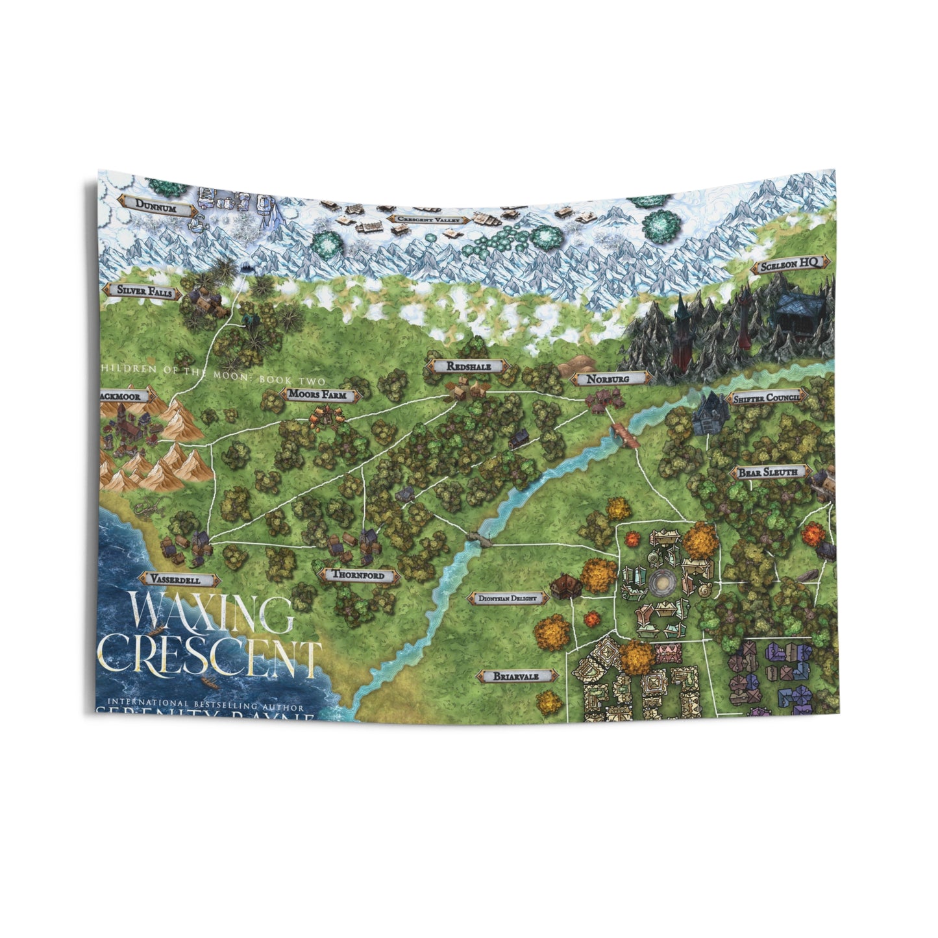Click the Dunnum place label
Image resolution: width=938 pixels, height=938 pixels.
pyautogui.click(x=156, y=204)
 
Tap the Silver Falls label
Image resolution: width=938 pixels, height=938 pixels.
pyautogui.click(x=145, y=292)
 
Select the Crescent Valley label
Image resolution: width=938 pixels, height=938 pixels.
pyautogui.click(x=429, y=219)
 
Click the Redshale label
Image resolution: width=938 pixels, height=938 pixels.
pyautogui.click(x=468, y=367)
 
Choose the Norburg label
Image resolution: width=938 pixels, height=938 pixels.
pyautogui.click(x=608, y=378)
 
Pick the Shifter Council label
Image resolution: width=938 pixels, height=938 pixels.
pyautogui.click(x=766, y=398)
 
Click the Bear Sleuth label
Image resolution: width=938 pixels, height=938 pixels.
pyautogui.click(x=769, y=473)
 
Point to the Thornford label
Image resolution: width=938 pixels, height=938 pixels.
pyautogui.click(x=358, y=575)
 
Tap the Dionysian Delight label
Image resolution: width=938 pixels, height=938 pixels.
pyautogui.click(x=507, y=599)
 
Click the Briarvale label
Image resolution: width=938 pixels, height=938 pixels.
pyautogui.click(x=516, y=676)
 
